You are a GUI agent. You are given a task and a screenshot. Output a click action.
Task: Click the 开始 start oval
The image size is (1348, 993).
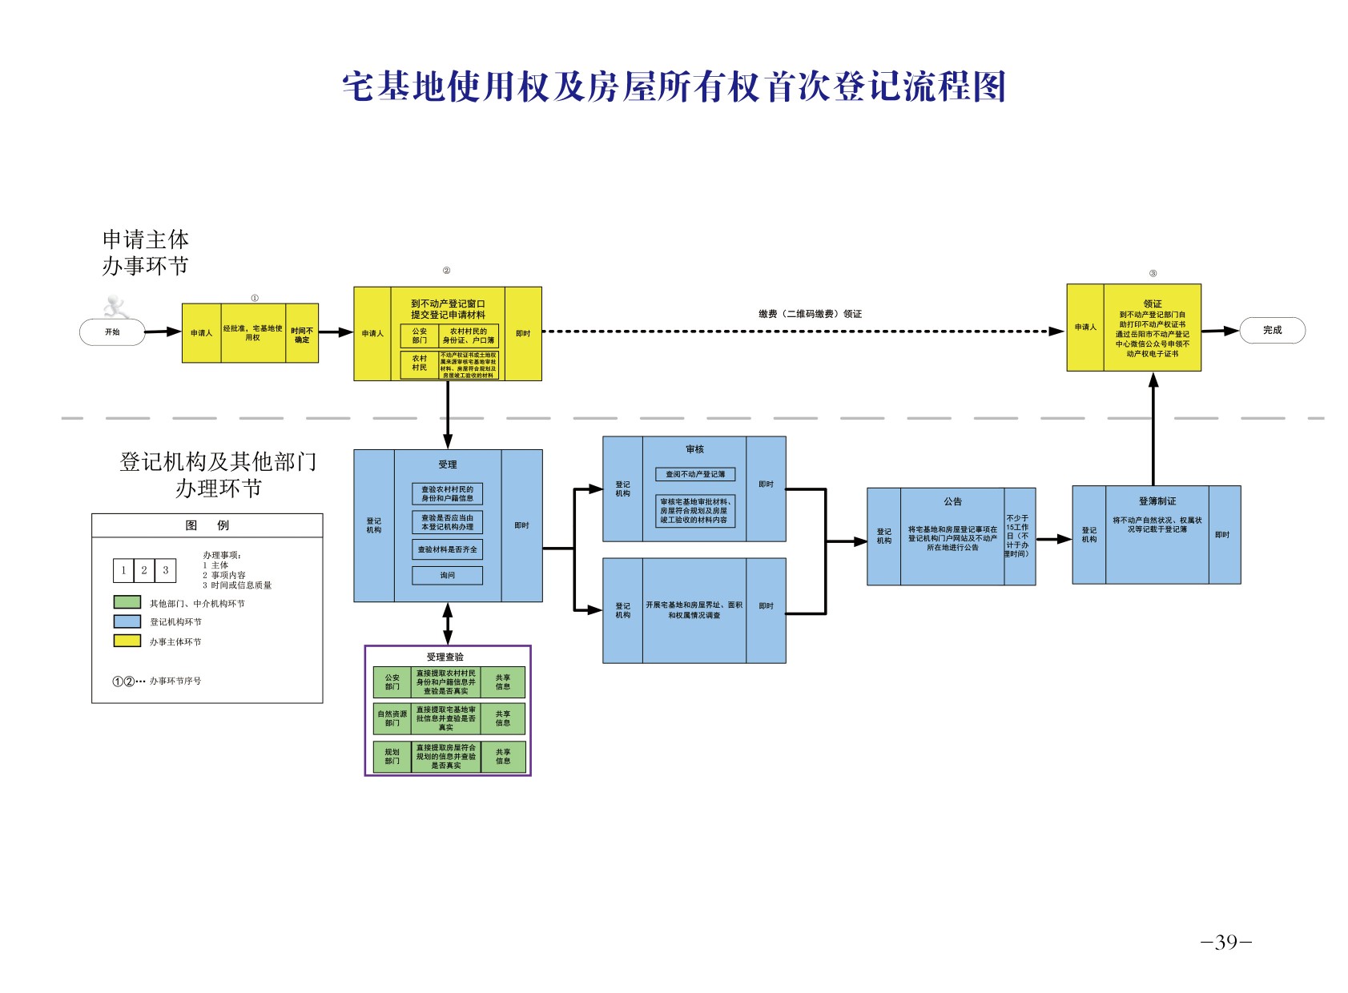pos(112,332)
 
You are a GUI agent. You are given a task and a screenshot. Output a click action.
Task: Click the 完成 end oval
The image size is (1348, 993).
pos(1272,330)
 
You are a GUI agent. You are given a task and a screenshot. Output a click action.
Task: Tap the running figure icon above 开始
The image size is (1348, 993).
pos(117,306)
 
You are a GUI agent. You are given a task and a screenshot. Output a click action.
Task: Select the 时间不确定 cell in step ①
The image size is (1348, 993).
pos(302,334)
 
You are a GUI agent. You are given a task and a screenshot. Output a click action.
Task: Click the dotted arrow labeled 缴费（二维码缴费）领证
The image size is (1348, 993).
pos(801,331)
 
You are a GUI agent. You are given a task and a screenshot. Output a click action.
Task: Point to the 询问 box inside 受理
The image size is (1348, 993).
pos(447,575)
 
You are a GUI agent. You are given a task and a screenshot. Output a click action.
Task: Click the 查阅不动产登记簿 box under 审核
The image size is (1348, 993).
pos(694,474)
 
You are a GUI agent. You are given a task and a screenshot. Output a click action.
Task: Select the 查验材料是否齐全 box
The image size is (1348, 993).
pos(447,549)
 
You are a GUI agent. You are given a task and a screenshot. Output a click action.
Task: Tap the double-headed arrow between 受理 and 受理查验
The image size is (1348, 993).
pos(447,623)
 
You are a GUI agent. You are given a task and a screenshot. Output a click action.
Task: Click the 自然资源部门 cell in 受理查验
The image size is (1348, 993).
pos(392,718)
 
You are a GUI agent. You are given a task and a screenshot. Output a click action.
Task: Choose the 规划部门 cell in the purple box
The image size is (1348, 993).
pos(392,756)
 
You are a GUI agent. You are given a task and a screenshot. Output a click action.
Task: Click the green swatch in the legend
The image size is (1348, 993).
pos(127,602)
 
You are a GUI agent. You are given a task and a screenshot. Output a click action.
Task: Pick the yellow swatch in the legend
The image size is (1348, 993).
pos(127,641)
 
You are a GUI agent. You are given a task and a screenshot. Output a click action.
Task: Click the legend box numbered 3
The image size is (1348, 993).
pos(165,570)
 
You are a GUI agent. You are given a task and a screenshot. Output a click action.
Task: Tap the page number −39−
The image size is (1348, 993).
pos(1225,943)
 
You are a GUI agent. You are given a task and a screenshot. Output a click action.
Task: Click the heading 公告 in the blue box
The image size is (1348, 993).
pos(952,501)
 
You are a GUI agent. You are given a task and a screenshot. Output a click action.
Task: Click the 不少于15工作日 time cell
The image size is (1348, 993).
pos(1019,536)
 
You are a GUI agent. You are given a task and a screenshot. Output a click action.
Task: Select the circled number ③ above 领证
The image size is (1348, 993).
pos(1153,273)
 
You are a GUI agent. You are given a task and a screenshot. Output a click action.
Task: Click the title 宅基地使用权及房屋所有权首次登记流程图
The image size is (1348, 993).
pos(674,86)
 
